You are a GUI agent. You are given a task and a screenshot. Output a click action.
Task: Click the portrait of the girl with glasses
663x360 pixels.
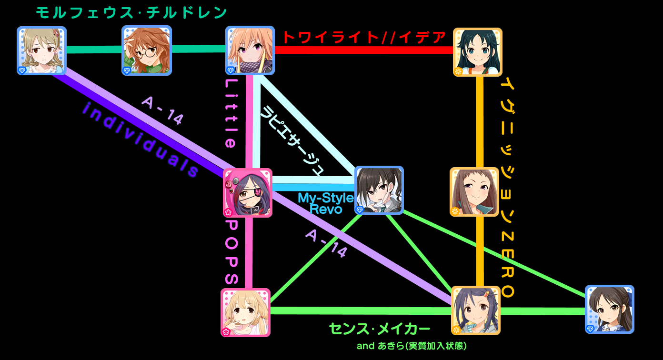146,50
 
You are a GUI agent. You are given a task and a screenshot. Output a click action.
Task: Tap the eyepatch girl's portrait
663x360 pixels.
248,193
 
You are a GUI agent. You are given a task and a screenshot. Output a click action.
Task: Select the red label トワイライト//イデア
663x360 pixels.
364,37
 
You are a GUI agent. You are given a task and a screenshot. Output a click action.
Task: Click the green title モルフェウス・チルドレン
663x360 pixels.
131,13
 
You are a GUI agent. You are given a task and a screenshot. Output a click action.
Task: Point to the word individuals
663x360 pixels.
140,140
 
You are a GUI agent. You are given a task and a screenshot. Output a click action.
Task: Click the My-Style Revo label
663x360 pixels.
326,203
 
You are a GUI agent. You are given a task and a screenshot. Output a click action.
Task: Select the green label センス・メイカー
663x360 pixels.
379,329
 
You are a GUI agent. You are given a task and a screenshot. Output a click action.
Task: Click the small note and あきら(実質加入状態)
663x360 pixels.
411,346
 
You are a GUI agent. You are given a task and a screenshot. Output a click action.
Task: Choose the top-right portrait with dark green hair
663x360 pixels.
477,52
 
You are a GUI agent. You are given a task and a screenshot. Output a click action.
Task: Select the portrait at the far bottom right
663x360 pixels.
609,309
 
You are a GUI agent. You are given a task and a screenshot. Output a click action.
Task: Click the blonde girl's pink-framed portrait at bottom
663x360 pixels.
245,312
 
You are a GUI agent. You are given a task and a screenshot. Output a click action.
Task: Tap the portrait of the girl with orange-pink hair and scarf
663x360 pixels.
250,50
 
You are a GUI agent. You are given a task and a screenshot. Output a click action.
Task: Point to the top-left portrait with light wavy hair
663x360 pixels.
41,50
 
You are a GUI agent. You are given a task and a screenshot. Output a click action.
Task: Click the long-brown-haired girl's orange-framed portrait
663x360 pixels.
474,191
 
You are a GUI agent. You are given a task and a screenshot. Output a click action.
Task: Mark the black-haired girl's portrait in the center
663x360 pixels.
379,190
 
